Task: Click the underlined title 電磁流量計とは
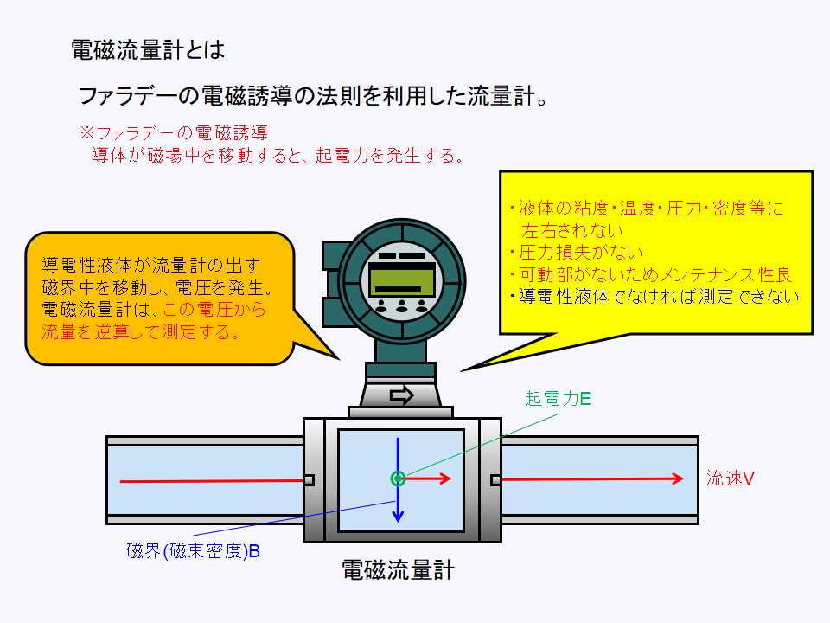[148, 50]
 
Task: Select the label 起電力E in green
[558, 399]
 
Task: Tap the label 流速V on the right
[731, 478]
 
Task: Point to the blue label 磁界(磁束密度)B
[194, 550]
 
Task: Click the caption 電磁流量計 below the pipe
[399, 570]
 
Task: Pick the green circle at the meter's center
[398, 478]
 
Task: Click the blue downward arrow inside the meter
[398, 502]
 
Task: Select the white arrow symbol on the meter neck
[402, 395]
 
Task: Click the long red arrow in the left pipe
[212, 479]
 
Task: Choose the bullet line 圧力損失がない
[575, 253]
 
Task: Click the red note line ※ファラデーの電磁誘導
[173, 133]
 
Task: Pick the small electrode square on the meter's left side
[309, 480]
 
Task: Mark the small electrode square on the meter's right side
[495, 480]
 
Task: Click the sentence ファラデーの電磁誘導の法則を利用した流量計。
[315, 95]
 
